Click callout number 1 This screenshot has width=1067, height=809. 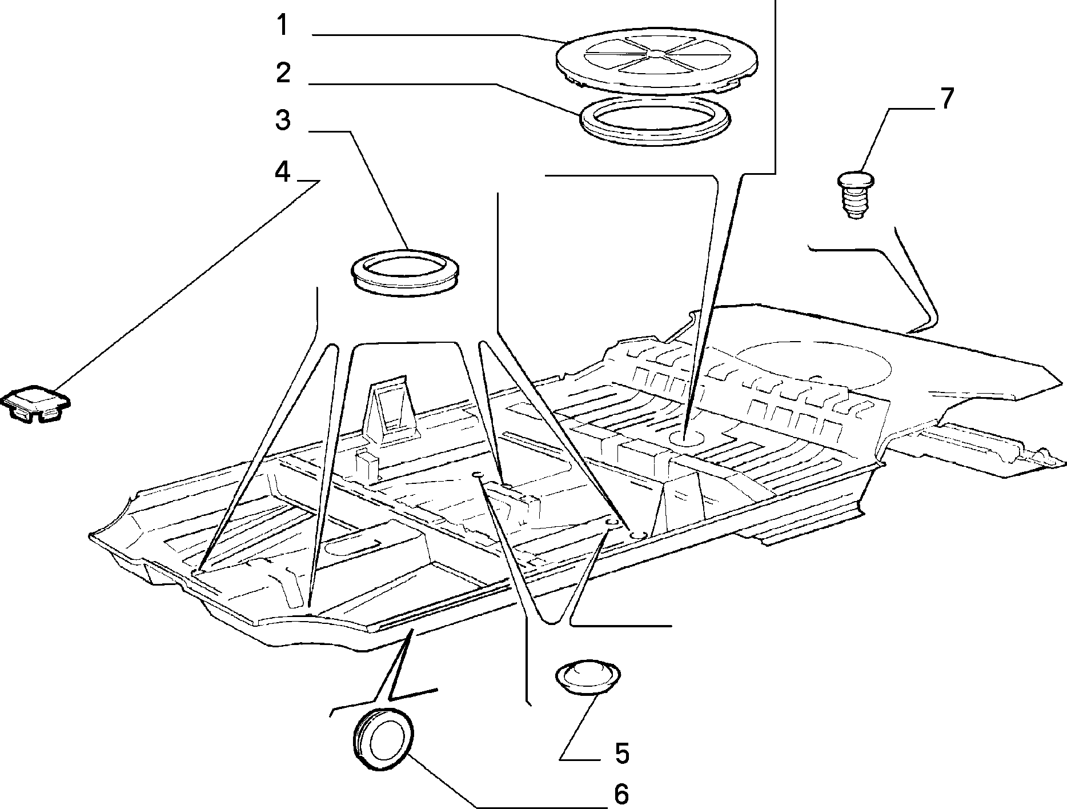[x=283, y=26]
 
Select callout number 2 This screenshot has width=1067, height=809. [x=283, y=73]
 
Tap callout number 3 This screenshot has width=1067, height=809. [x=283, y=121]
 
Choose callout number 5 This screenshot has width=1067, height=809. [x=621, y=754]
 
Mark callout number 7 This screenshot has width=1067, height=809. [x=946, y=98]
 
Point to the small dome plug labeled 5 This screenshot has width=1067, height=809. [x=587, y=678]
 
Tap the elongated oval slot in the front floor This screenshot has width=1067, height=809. [x=352, y=547]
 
